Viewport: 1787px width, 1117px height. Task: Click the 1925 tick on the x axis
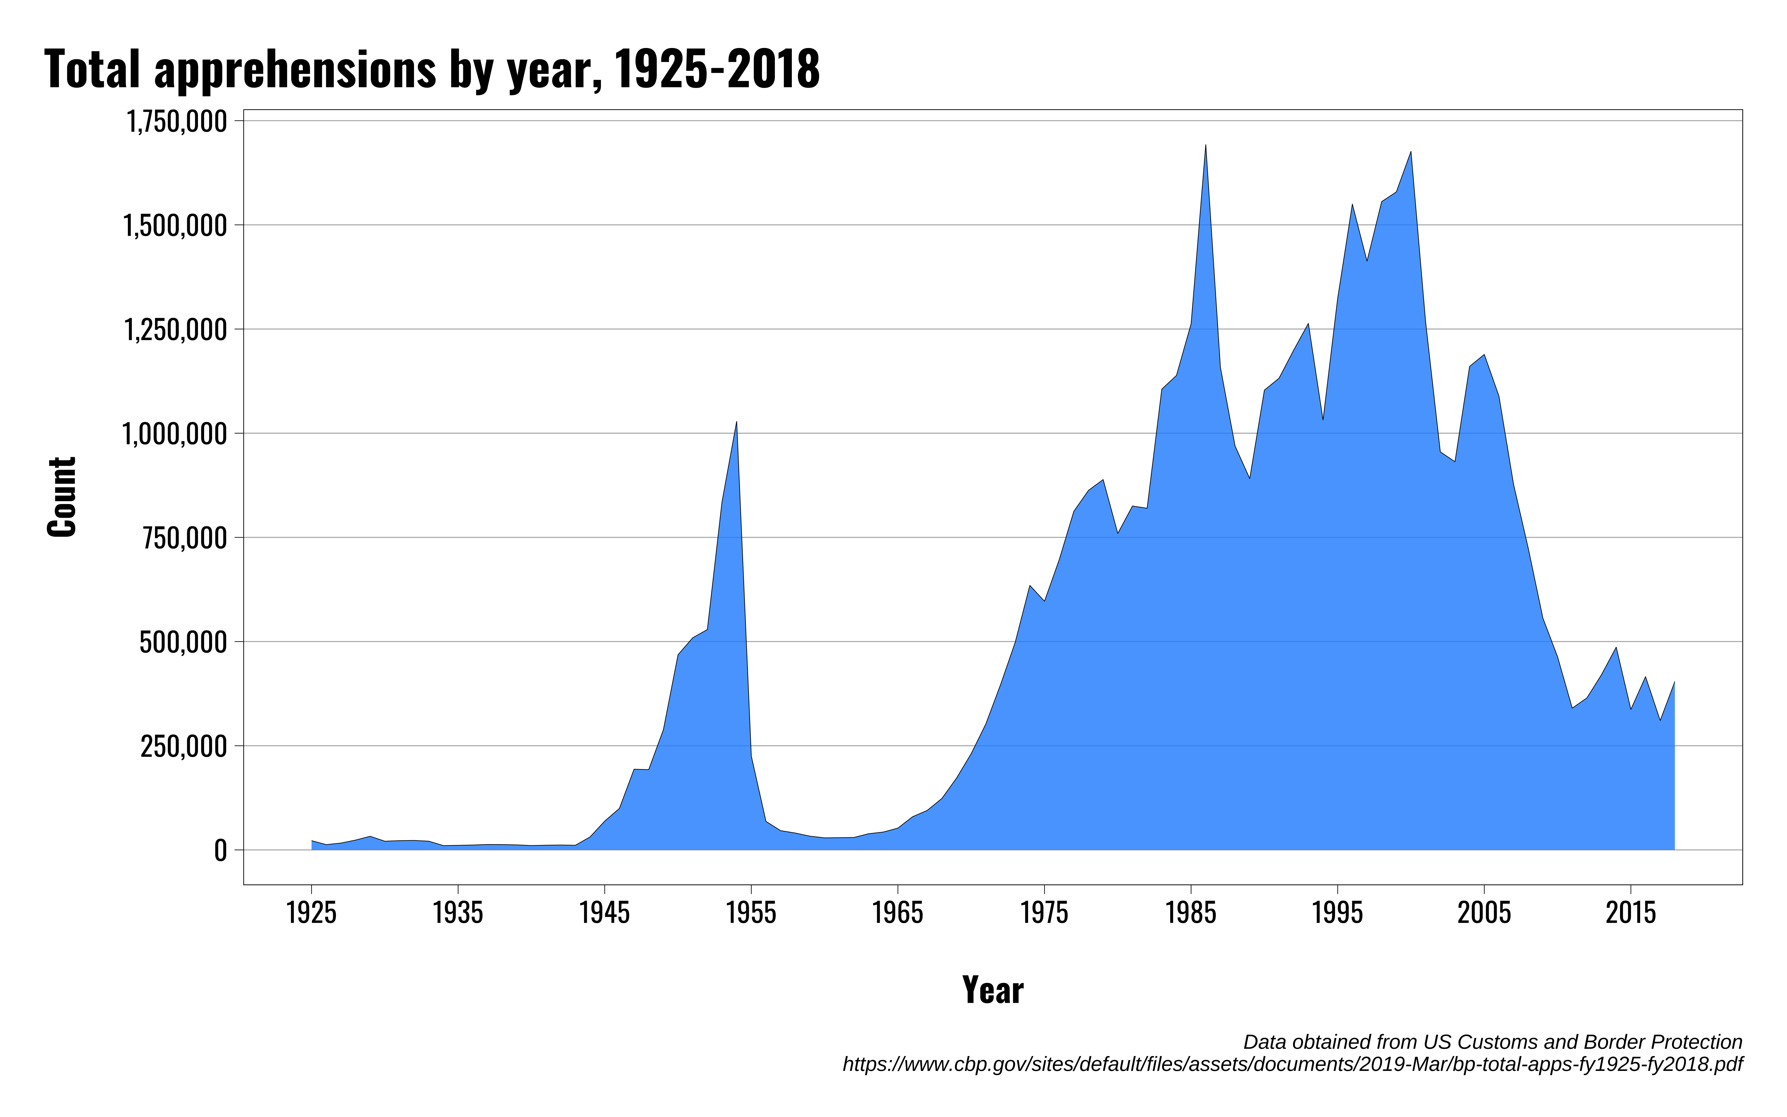click(312, 913)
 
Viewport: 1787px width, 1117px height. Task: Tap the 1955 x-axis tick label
click(751, 913)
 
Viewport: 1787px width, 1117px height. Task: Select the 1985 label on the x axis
click(1190, 913)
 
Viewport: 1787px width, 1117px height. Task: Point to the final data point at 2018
click(1674, 682)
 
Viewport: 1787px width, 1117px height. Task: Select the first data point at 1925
click(312, 841)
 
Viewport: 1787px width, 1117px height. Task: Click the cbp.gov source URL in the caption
click(1292, 1065)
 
